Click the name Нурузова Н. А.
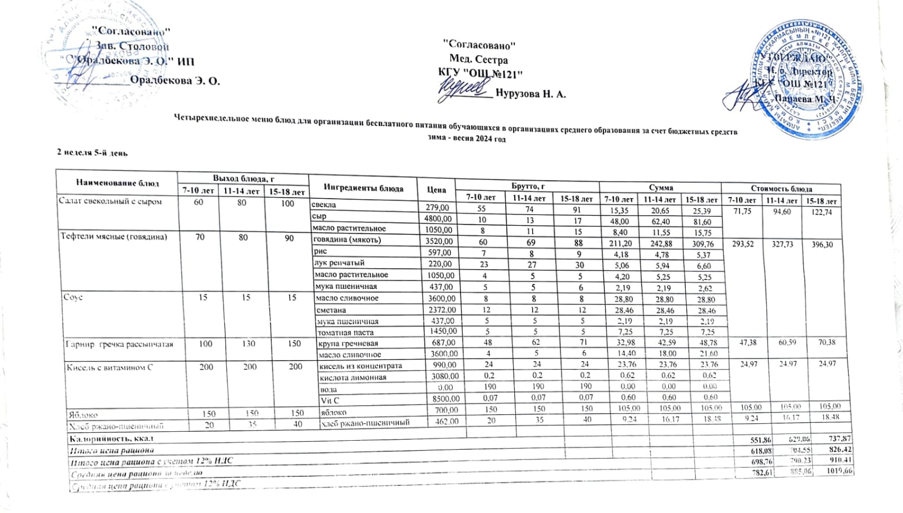click(531, 94)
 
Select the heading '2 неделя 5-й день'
click(93, 152)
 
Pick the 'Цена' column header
click(436, 190)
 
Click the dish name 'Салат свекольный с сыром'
click(111, 201)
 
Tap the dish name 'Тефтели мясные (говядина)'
click(114, 237)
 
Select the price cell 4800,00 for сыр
click(438, 218)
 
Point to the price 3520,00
click(438, 240)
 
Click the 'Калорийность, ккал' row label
click(111, 439)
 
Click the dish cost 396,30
click(821, 245)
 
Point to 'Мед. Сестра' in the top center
click(479, 59)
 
